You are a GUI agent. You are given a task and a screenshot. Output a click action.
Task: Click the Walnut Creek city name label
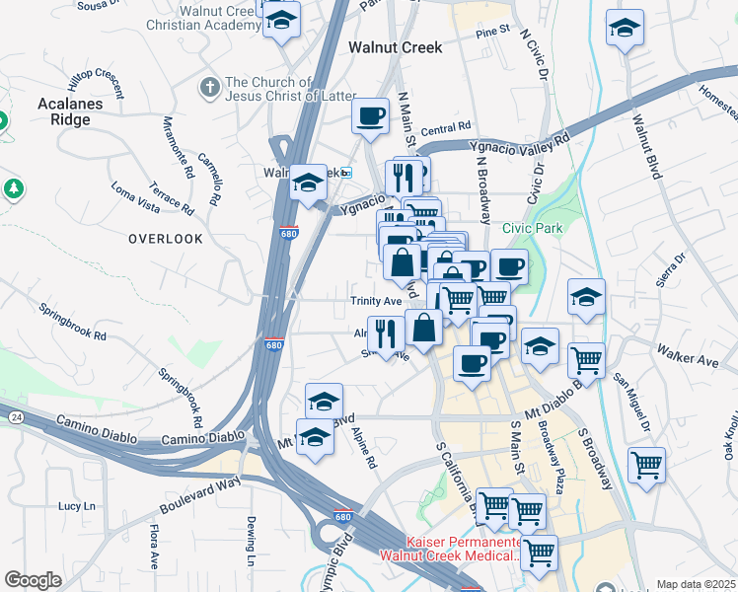(394, 46)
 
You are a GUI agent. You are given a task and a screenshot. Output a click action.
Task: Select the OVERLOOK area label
(165, 239)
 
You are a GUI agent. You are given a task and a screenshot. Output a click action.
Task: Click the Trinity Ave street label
(376, 301)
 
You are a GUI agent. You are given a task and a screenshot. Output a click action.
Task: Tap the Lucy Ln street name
(76, 505)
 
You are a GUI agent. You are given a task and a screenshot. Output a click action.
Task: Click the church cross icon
(208, 89)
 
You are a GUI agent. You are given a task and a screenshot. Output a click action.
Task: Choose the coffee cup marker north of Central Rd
(371, 116)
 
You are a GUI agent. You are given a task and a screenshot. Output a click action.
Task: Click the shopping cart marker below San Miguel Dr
(646, 465)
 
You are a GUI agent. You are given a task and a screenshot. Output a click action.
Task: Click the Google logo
(33, 580)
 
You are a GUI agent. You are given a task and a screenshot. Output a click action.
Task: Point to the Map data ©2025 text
(695, 584)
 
